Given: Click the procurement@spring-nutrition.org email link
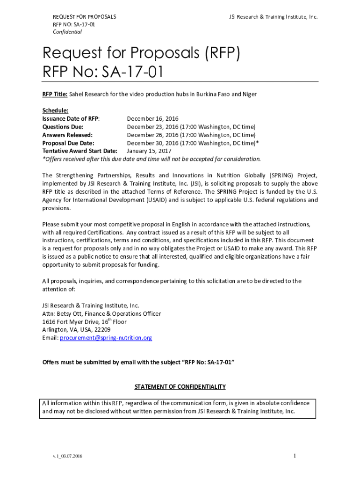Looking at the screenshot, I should point(106,338).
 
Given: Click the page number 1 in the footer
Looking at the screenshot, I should point(295,456).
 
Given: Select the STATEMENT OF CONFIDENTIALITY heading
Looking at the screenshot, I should point(180,387).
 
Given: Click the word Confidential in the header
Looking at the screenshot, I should point(67,32).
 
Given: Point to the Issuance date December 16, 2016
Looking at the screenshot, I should point(152,119).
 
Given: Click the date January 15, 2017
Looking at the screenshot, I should point(149,151).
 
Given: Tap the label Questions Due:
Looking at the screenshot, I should point(63,127).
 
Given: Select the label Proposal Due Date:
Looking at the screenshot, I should point(68,143).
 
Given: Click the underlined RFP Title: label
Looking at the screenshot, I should point(55,94).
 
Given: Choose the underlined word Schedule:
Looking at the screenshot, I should point(55,111).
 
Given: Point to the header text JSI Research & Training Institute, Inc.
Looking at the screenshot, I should point(273,17).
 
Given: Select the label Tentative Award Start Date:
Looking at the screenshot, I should point(79,151).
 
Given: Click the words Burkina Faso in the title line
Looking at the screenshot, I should point(202,94).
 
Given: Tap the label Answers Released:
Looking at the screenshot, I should point(67,135).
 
